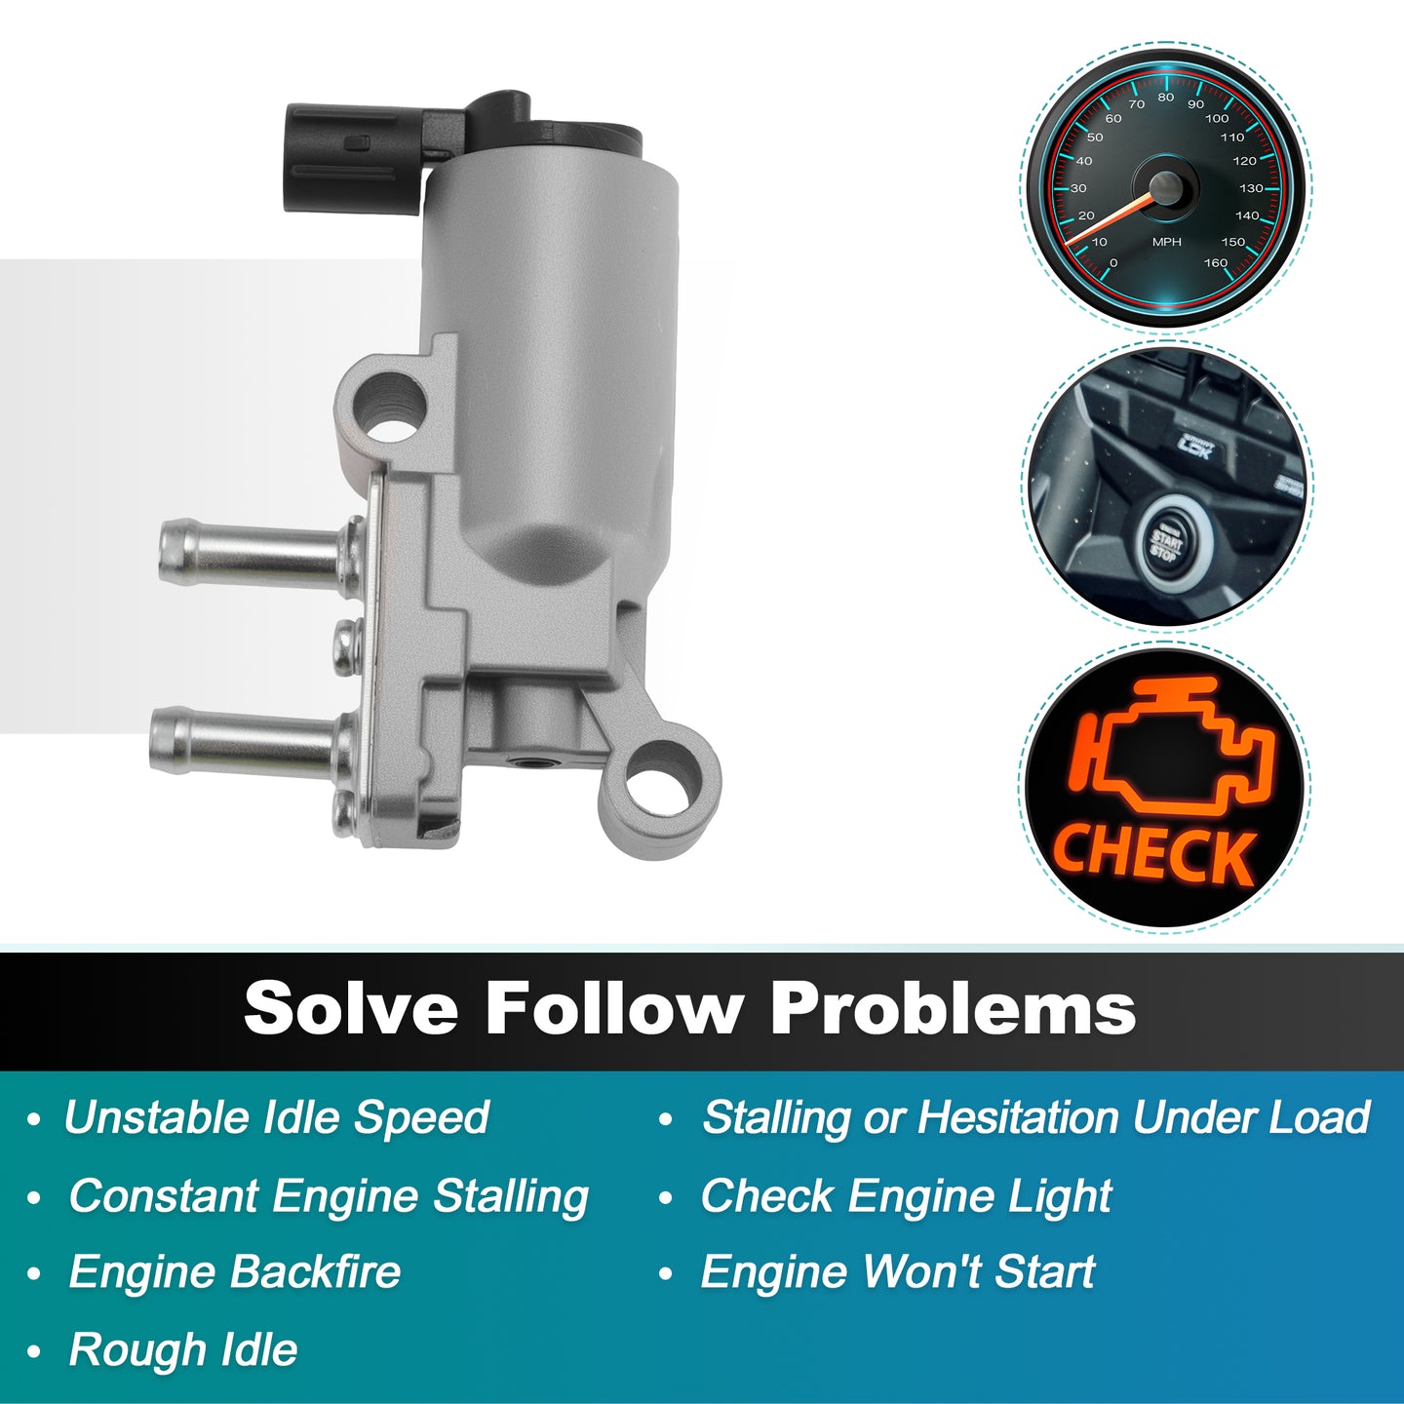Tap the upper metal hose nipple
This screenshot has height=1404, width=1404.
pyautogui.click(x=252, y=553)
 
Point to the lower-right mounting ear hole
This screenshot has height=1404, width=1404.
pyautogui.click(x=660, y=797)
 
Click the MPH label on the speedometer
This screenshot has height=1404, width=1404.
pyautogui.click(x=1166, y=242)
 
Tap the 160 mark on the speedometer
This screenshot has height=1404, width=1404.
pyautogui.click(x=1216, y=262)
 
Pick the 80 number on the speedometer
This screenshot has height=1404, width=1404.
pyautogui.click(x=1166, y=97)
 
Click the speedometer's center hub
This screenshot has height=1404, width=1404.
pyautogui.click(x=1166, y=188)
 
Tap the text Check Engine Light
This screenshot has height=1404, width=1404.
pyautogui.click(x=906, y=1196)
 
